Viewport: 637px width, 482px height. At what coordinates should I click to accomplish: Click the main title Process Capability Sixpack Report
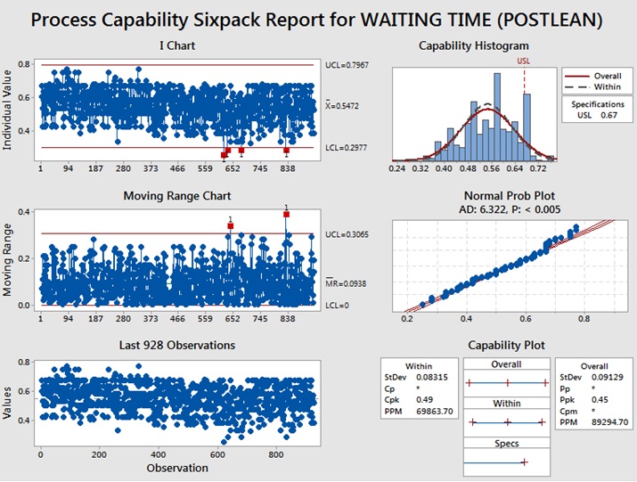pyautogui.click(x=318, y=18)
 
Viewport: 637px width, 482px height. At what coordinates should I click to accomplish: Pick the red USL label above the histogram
pyautogui.click(x=525, y=61)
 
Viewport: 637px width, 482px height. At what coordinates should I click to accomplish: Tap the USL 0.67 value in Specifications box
pyautogui.click(x=596, y=115)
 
